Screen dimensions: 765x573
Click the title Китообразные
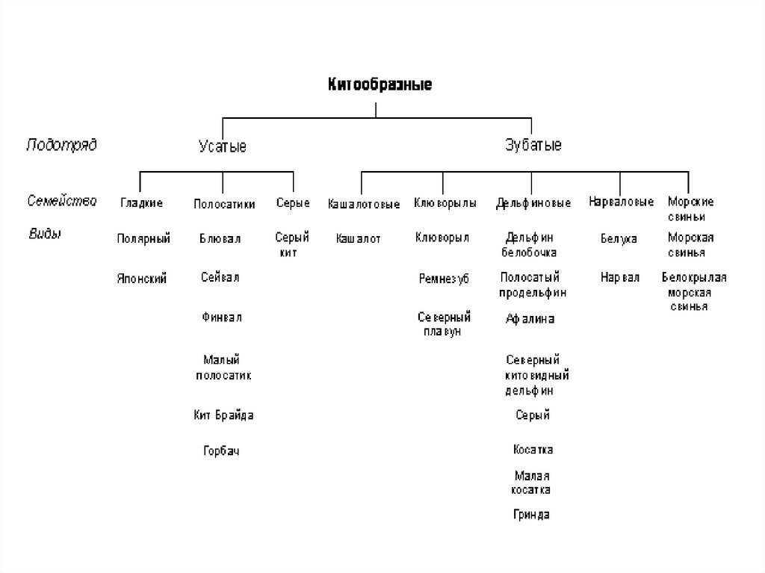tap(380, 84)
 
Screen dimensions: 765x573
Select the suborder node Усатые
tap(223, 146)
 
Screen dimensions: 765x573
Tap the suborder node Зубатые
tap(533, 145)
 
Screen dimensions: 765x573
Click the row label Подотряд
tap(61, 144)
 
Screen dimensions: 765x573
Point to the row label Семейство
tap(62, 201)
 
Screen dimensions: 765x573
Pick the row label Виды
tap(44, 234)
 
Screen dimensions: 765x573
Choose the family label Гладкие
tap(141, 203)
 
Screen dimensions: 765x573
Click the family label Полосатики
tap(224, 203)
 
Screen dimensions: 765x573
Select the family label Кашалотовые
tap(364, 203)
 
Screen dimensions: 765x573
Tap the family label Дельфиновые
tap(533, 203)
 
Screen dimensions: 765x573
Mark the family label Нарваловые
tap(621, 202)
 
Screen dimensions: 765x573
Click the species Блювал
tap(220, 239)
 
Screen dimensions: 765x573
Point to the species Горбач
tap(221, 450)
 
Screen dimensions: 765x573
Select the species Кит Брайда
tap(223, 415)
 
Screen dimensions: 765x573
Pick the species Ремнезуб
tap(444, 279)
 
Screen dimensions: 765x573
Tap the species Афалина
tap(530, 319)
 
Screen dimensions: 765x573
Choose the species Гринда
tap(532, 515)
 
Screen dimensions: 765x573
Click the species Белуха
tap(619, 239)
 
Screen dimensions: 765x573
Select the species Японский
tap(141, 279)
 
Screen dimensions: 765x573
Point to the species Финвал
tap(221, 318)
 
